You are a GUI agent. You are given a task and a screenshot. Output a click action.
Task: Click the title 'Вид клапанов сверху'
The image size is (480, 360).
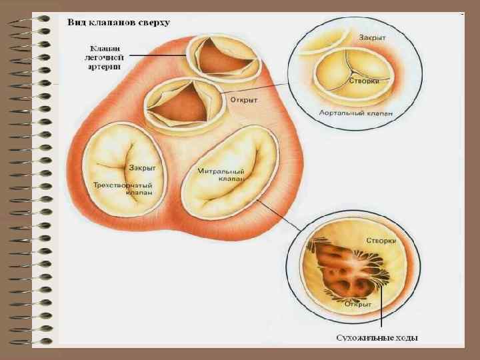[118, 23]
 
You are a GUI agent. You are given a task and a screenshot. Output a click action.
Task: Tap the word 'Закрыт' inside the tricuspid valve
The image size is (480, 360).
[143, 168]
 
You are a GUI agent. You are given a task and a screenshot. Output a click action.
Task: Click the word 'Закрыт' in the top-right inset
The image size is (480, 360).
[373, 37]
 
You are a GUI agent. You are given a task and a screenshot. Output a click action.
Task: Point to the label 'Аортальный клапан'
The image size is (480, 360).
[356, 113]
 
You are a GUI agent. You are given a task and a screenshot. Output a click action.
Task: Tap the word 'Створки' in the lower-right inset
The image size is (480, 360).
[381, 240]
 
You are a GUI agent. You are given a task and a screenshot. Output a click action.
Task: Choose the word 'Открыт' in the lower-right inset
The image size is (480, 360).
[359, 303]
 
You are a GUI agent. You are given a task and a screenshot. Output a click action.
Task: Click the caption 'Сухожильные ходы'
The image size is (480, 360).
[377, 338]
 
